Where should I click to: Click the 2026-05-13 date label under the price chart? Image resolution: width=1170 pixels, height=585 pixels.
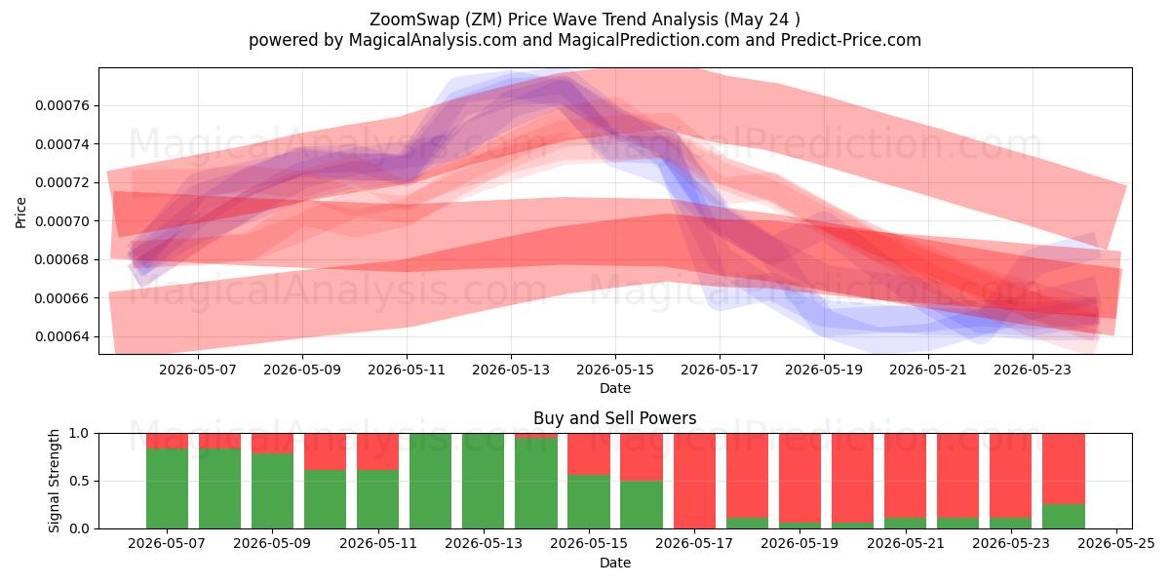coord(511,370)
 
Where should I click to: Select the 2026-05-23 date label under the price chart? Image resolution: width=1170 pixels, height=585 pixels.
coord(1033,370)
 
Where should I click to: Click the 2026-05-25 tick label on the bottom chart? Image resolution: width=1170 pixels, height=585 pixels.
coord(1116,543)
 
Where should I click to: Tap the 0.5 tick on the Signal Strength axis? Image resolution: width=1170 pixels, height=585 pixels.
coord(79,481)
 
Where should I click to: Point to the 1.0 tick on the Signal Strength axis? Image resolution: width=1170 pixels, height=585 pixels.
coord(79,433)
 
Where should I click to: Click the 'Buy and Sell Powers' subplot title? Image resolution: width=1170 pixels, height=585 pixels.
coord(615,418)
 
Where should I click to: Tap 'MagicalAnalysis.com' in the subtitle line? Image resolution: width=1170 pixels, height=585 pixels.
coord(433,40)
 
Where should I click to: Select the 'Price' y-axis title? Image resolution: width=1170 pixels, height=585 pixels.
coord(20,213)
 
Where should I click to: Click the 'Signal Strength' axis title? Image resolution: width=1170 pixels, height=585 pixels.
coord(54,481)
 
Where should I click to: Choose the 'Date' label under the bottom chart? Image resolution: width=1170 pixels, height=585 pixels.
coord(615,563)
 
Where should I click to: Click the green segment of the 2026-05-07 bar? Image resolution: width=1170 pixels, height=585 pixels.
coord(167,488)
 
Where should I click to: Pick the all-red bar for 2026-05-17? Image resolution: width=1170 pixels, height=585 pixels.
coord(694,481)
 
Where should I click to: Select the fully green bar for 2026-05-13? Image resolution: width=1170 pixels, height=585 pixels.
coord(484,481)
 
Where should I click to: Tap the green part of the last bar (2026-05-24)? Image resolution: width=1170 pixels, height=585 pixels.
coord(1064,517)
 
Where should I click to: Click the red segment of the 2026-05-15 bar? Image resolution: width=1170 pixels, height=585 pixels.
coord(589,454)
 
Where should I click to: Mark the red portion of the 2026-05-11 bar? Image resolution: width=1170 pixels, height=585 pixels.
coord(377,451)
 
